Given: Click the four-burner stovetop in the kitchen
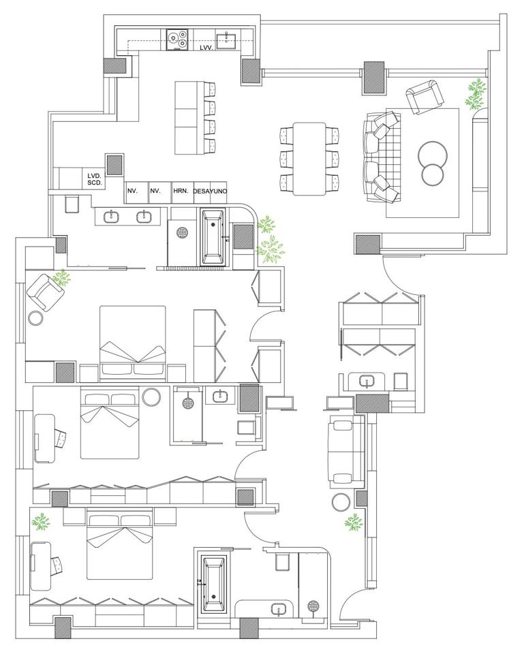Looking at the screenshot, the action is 177,40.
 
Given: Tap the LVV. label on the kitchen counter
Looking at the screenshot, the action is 206,48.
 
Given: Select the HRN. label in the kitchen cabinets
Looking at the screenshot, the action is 180,191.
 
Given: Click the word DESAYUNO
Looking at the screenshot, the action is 211,191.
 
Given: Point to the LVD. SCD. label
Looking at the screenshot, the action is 95,179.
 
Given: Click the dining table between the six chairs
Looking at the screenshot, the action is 309,159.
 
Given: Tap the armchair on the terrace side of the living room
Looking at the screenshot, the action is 425,96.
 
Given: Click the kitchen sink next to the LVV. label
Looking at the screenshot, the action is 226,39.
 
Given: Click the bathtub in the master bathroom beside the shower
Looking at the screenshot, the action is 213,237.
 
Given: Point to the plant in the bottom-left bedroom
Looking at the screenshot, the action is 42,522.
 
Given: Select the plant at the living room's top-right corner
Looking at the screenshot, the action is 476,94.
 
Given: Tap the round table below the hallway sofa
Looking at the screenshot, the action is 341,502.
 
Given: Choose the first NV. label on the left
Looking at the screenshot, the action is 133,191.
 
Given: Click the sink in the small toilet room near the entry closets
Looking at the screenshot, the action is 367,381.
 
